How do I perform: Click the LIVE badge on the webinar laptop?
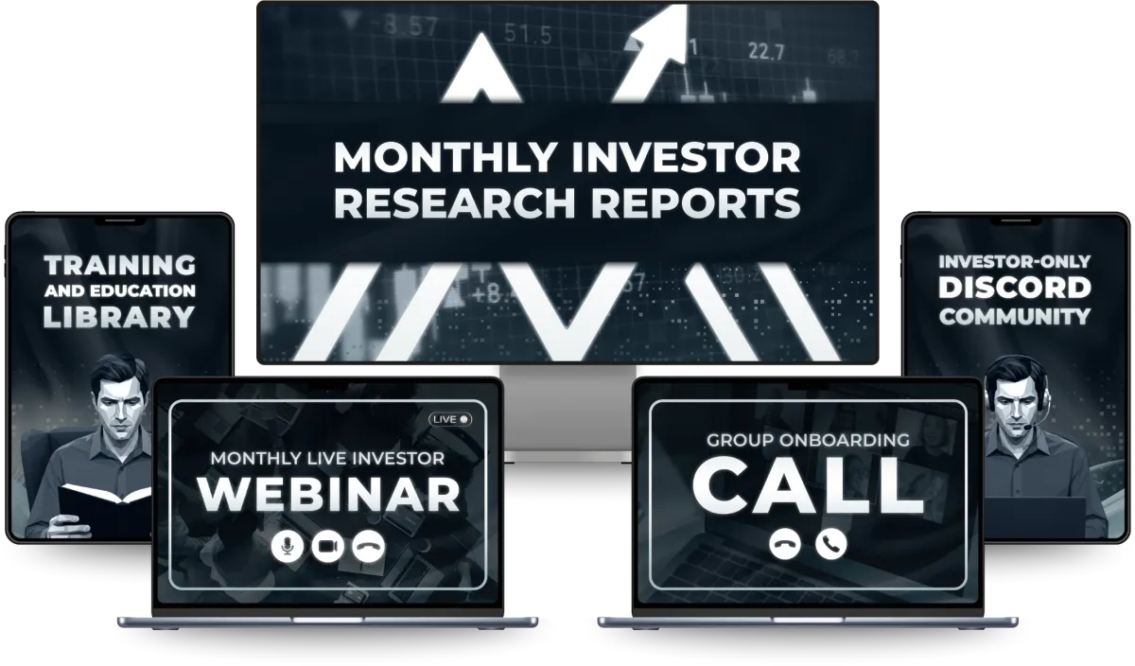pos(450,420)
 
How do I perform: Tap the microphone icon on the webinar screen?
pos(288,547)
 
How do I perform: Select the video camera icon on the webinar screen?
pos(327,547)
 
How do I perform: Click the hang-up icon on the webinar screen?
pos(368,547)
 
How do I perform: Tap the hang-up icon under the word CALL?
pos(785,544)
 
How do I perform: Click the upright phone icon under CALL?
pos(831,544)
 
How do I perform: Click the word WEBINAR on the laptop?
pos(328,494)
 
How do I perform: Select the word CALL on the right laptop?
pos(808,485)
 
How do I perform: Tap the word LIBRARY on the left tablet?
pos(119,317)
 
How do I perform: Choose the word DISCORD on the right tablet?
pos(1014,288)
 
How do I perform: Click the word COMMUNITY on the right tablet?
pos(1014,317)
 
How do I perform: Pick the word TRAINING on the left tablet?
pos(119,265)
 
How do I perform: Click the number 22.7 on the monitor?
pos(765,52)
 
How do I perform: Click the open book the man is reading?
pos(105,507)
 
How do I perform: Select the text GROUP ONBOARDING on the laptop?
pos(808,440)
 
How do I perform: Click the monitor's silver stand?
pos(567,413)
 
